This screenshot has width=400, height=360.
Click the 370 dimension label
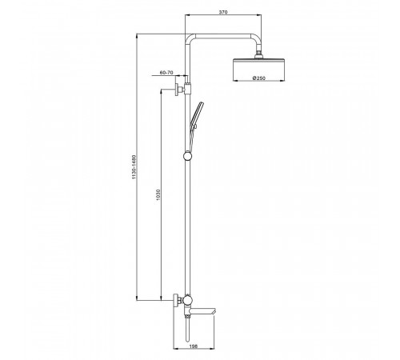[x=223, y=12]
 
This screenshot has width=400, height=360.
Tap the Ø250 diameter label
[x=259, y=78]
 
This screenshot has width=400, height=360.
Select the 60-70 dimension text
[x=166, y=72]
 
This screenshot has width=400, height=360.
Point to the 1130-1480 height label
[x=134, y=167]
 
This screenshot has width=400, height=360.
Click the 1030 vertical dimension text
[x=158, y=195]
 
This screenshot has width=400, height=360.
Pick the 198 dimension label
[x=194, y=346]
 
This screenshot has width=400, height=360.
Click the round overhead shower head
[x=259, y=70]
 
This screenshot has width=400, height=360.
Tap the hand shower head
[x=197, y=113]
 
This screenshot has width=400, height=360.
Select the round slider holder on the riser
[x=188, y=156]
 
